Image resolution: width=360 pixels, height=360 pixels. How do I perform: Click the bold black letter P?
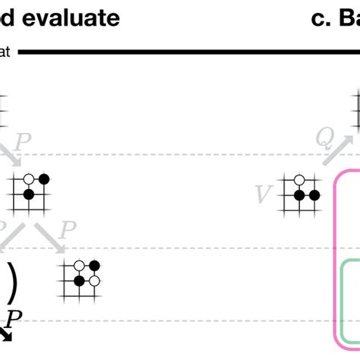(x=13, y=317)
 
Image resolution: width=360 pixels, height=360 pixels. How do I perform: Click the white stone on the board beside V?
(x=300, y=180)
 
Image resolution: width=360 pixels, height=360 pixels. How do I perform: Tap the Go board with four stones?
(x=81, y=279)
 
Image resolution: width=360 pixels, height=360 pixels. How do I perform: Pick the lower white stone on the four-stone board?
(x=94, y=281)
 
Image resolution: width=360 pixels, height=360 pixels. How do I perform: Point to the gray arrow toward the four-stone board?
(x=52, y=238)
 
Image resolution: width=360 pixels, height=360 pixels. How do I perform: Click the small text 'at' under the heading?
(x=5, y=52)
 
